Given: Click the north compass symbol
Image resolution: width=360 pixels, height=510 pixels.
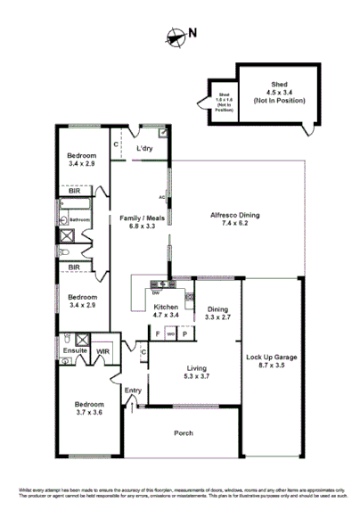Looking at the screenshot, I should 175,36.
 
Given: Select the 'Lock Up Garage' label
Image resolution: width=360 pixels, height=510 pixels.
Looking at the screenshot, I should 271,358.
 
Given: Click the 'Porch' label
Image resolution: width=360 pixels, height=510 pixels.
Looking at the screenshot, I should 183,434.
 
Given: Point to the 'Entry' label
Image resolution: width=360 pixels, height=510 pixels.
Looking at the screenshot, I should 133,390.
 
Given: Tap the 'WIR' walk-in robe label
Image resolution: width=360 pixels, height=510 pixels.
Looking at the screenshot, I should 102,351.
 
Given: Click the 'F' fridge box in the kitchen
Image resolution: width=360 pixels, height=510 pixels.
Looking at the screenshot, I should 158,334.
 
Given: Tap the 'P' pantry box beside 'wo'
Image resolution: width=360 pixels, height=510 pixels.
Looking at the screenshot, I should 184,334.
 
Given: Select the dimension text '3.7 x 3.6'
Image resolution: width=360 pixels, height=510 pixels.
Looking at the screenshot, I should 89,413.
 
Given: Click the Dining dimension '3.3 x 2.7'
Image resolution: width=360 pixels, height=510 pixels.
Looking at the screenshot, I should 218,317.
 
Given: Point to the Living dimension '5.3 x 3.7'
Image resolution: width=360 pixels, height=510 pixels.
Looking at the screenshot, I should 196,376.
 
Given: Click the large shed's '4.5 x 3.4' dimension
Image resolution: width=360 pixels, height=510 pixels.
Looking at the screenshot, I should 271,91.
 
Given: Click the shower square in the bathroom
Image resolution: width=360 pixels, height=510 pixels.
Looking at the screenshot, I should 67,237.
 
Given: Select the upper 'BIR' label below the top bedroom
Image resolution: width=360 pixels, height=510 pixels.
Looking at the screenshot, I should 75,190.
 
